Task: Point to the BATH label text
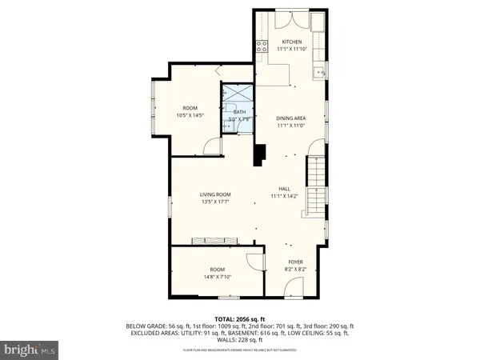[x=239, y=113]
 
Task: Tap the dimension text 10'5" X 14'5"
[x=190, y=115]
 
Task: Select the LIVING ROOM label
[x=215, y=194]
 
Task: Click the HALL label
[x=283, y=189]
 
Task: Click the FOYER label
[x=295, y=262]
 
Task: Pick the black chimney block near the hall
[x=259, y=154]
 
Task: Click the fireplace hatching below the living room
[x=214, y=240]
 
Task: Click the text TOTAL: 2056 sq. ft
[x=239, y=318]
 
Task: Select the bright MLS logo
[x=29, y=349]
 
